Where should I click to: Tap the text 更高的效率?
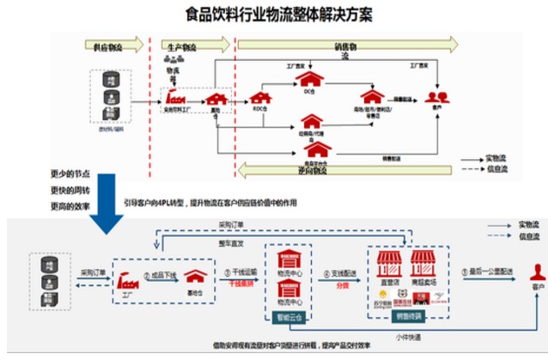click(x=69, y=206)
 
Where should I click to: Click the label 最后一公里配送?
click(x=491, y=272)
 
